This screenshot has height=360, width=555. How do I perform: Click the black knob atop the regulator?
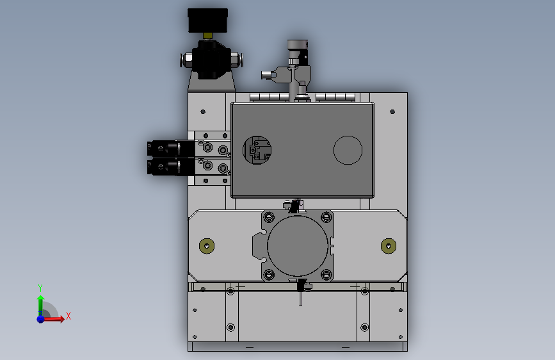[207, 20]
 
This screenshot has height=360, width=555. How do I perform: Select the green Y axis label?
[40, 288]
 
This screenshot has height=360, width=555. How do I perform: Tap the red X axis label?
[68, 316]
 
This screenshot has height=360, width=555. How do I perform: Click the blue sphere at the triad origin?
[41, 319]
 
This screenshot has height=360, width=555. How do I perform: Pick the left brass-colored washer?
[207, 246]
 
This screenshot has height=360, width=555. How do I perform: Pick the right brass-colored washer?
[389, 246]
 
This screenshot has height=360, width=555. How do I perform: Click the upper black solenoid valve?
[171, 149]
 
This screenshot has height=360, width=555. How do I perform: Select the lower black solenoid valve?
[171, 167]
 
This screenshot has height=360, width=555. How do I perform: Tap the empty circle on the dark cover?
[348, 151]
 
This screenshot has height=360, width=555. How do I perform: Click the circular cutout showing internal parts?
[257, 151]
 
